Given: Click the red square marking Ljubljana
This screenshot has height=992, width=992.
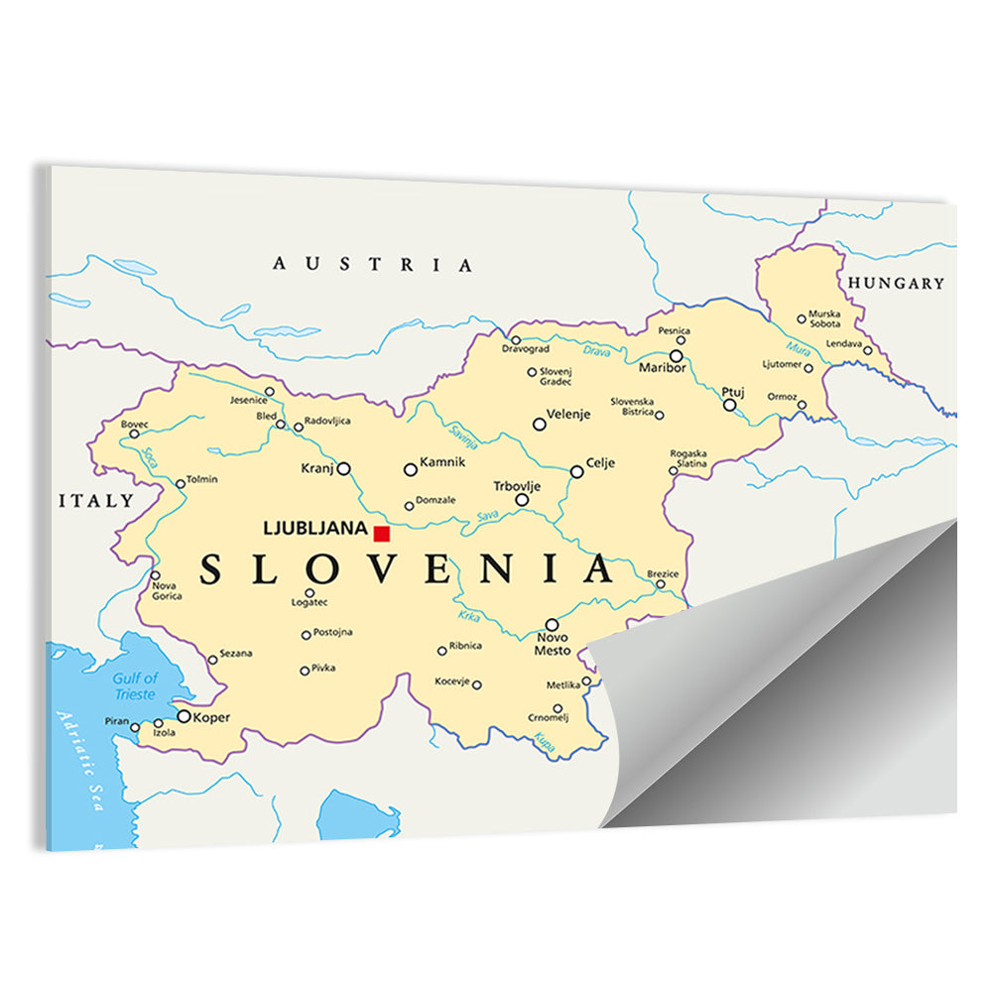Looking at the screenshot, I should coord(382,534).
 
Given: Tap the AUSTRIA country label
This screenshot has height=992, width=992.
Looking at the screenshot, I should coord(373,264).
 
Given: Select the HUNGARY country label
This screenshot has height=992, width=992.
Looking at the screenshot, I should coord(896,283).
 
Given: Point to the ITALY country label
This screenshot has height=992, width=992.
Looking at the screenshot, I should coord(96,500).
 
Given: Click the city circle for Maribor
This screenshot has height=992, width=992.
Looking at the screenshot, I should coord(677,355).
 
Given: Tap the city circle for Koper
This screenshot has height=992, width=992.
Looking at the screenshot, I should coord(184,715).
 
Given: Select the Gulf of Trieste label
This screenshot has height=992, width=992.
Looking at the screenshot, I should coord(135,685).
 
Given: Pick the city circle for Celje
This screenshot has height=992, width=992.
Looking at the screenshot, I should coord(576,471).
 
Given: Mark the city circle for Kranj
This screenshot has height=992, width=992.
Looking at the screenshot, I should coord(343,468).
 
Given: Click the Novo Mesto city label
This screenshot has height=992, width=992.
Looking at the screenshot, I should coord(553,644).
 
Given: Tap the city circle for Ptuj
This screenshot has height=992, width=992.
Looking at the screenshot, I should coord(729,405).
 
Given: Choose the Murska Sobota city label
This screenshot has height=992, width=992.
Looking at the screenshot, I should coord(823,318).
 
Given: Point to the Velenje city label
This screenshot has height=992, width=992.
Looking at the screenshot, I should coord(568,415).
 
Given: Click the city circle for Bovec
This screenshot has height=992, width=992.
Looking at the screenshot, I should coord(135,434).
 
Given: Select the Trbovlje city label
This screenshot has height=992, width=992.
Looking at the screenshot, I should coord(517,486).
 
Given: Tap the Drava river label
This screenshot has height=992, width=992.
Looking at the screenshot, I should coord(596,351).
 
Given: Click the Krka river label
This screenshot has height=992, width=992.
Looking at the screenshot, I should coord(468,616).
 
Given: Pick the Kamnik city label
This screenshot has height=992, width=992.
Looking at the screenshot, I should coord(442,462).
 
